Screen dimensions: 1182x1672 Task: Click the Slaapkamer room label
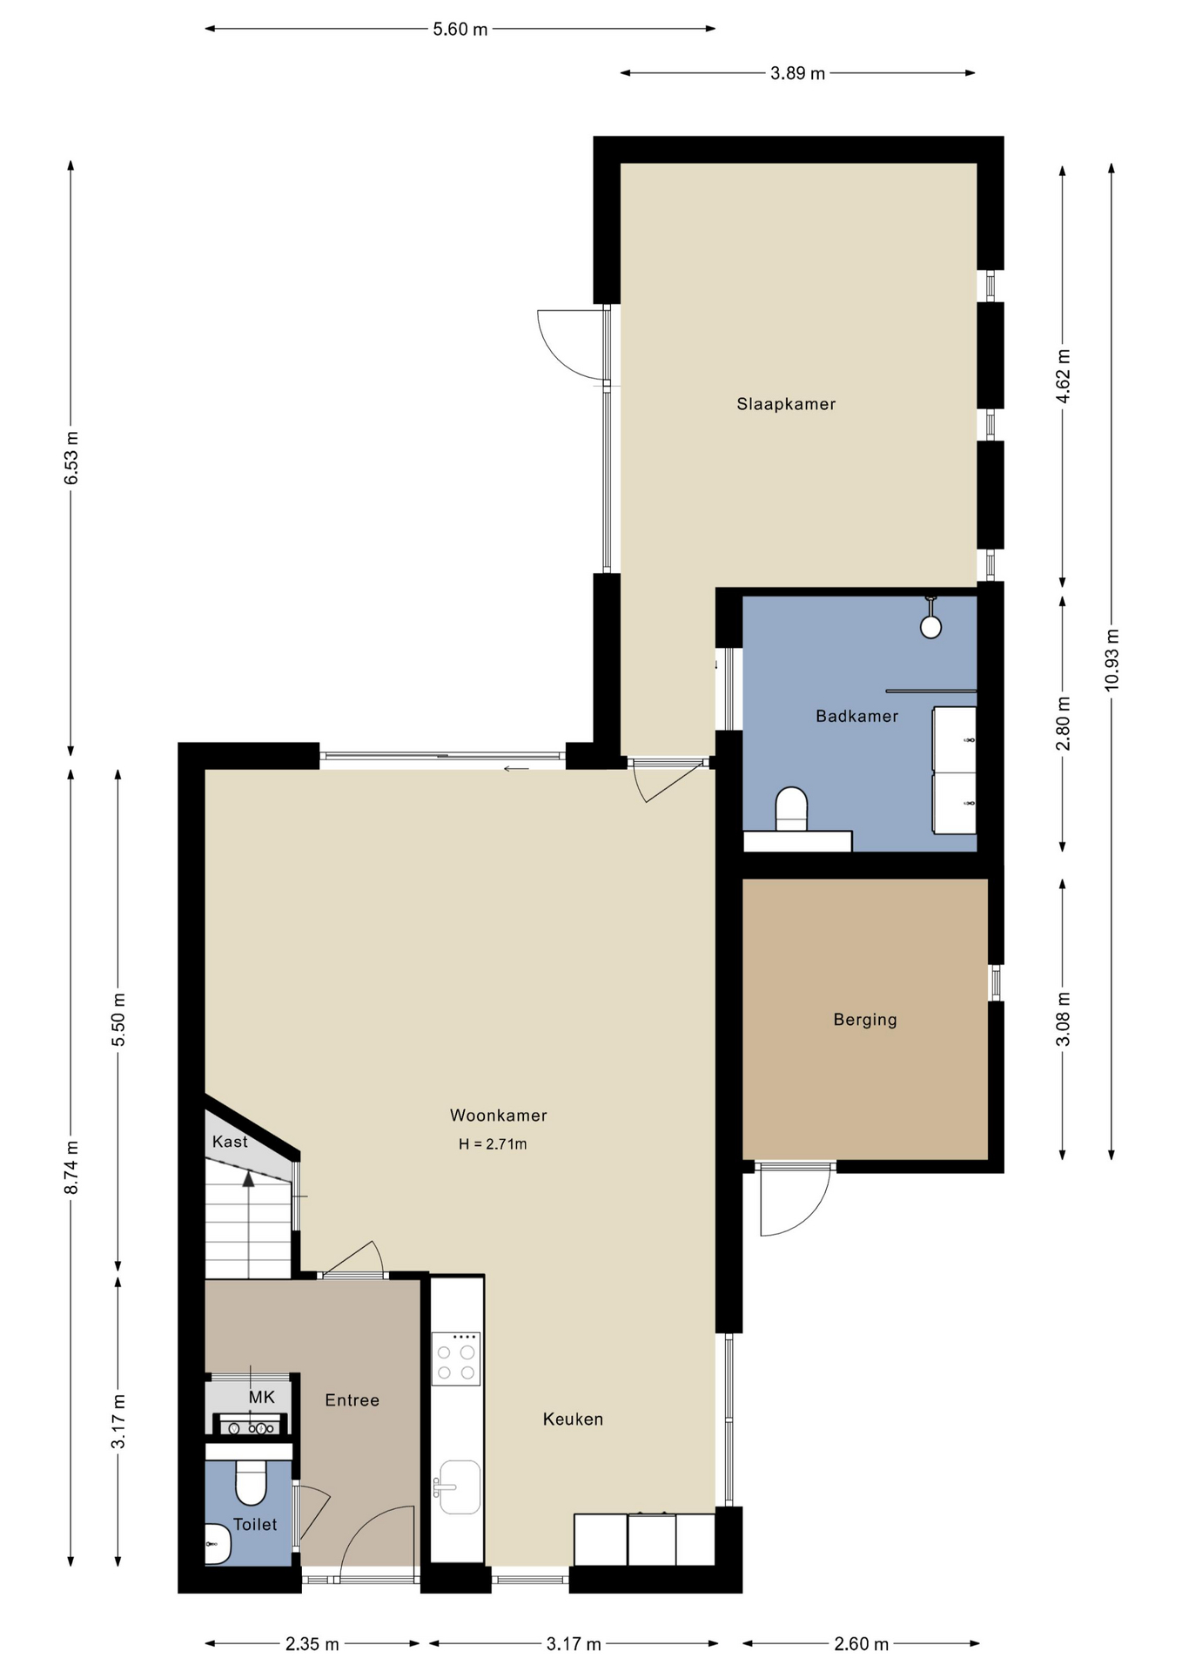(x=786, y=404)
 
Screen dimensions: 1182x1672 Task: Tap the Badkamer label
(x=856, y=716)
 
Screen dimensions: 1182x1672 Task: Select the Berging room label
(x=864, y=1020)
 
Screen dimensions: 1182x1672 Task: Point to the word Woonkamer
(x=498, y=1116)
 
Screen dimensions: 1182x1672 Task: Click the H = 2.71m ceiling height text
(x=493, y=1144)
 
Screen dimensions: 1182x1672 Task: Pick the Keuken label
(x=573, y=1419)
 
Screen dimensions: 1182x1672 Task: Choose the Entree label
(x=352, y=1400)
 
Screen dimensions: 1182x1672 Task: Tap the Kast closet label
(x=230, y=1142)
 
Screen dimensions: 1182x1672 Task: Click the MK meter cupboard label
(x=261, y=1398)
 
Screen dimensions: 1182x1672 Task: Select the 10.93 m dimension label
(x=1111, y=660)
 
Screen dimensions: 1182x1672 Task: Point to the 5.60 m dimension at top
(x=460, y=29)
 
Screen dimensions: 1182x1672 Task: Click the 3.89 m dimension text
(x=797, y=73)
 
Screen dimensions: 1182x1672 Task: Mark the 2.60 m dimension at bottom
(x=861, y=1644)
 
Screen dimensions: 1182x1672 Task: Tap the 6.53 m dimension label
(x=71, y=458)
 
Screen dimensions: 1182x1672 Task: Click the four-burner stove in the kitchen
(x=457, y=1358)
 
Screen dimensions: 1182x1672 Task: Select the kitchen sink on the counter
(x=458, y=1487)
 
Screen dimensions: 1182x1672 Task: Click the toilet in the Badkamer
(x=791, y=809)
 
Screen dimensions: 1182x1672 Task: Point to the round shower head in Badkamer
(x=930, y=626)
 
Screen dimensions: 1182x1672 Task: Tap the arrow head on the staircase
(x=249, y=1179)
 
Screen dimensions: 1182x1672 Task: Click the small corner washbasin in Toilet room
(x=217, y=1544)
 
